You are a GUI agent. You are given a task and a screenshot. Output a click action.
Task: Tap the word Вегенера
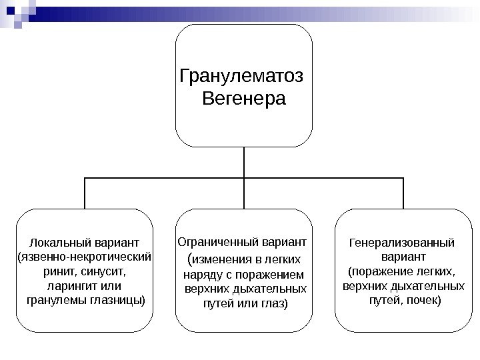(x=243, y=100)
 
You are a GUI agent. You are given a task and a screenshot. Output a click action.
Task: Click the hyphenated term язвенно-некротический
(x=85, y=257)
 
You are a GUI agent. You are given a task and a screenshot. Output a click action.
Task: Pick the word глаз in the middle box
(x=275, y=303)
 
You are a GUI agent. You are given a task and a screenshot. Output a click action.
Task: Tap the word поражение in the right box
(x=383, y=271)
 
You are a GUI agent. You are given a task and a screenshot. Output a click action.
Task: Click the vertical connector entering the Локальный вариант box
(x=85, y=193)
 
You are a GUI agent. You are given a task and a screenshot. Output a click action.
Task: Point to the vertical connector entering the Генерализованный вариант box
(x=403, y=193)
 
